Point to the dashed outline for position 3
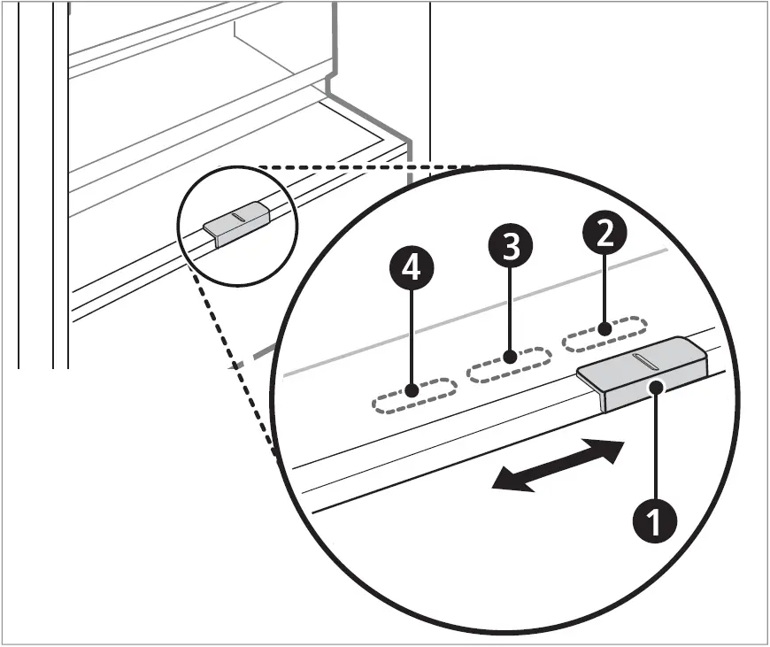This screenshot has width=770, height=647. pyautogui.click(x=509, y=365)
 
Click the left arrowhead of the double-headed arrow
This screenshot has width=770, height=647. pyautogui.click(x=505, y=481)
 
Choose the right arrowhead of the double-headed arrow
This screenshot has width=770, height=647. pyautogui.click(x=611, y=449)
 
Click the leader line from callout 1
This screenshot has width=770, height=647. pyautogui.click(x=654, y=443)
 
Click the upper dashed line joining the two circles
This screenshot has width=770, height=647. pyautogui.click(x=372, y=166)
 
